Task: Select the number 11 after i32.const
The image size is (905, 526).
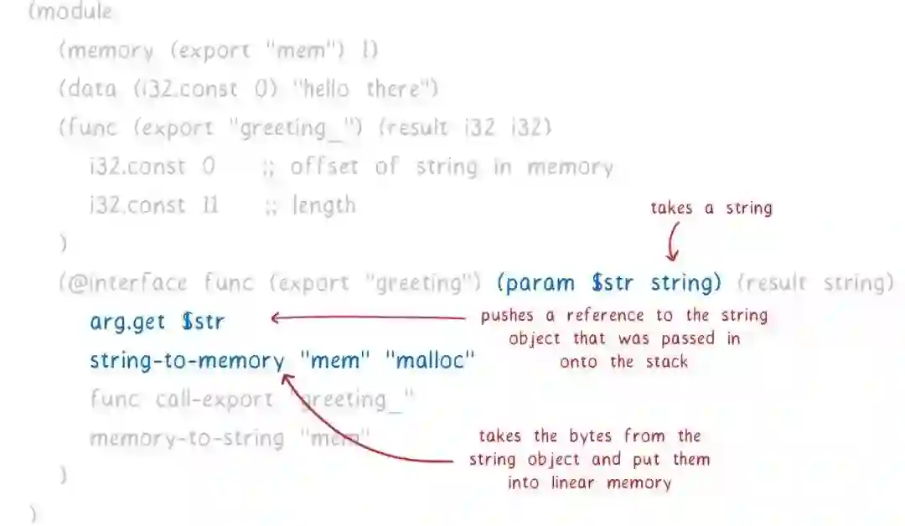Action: point(209,205)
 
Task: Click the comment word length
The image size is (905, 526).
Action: point(323,205)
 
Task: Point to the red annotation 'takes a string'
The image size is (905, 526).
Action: point(711,209)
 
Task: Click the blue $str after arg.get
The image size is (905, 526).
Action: point(203,322)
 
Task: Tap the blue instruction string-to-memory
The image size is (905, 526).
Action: point(187,361)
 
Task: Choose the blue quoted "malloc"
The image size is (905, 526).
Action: point(430,361)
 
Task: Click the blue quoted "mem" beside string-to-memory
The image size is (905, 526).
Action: point(334,361)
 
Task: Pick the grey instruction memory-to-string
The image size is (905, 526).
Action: point(187,438)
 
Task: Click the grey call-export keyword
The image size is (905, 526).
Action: point(214,400)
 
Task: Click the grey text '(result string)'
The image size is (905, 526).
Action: point(815,283)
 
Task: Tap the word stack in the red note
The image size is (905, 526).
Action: point(666,362)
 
